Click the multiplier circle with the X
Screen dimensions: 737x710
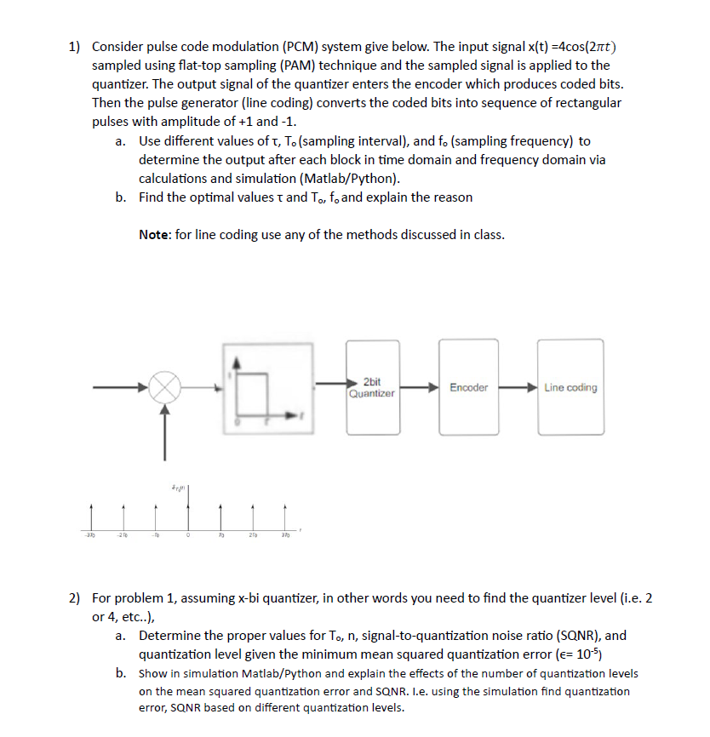tap(165, 389)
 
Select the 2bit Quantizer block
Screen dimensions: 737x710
tap(372, 387)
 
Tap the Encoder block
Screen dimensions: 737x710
tap(468, 387)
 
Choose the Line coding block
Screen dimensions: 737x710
tap(570, 387)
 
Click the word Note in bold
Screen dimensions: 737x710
tap(155, 235)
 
